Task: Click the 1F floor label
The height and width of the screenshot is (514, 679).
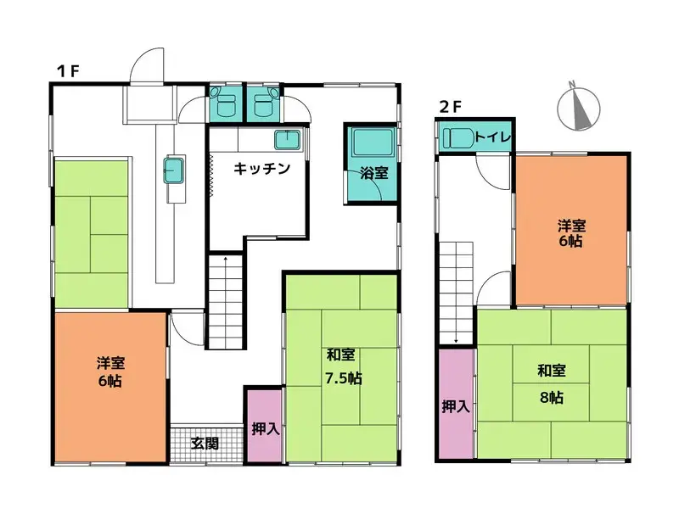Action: tap(68, 71)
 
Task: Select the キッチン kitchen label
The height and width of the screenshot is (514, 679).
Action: tap(263, 168)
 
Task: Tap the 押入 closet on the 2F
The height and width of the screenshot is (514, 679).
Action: tap(456, 406)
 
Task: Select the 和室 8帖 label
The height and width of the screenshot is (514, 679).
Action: tap(552, 383)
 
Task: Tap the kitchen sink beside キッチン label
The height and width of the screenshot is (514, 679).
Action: tap(284, 141)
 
